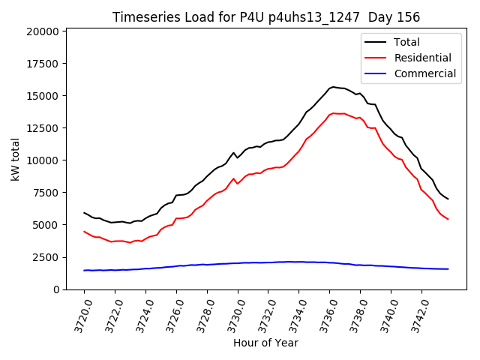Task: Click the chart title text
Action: (x=266, y=17)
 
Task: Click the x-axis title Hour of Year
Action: (x=265, y=343)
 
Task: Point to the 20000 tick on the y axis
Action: (x=43, y=31)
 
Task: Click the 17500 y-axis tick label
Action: (x=43, y=64)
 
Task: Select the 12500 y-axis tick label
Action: (x=43, y=128)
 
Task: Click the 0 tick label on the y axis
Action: (x=56, y=289)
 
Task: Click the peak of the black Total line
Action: (x=333, y=87)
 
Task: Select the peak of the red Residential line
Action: (x=333, y=113)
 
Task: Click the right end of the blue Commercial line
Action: (x=448, y=268)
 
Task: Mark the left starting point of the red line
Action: (x=84, y=232)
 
